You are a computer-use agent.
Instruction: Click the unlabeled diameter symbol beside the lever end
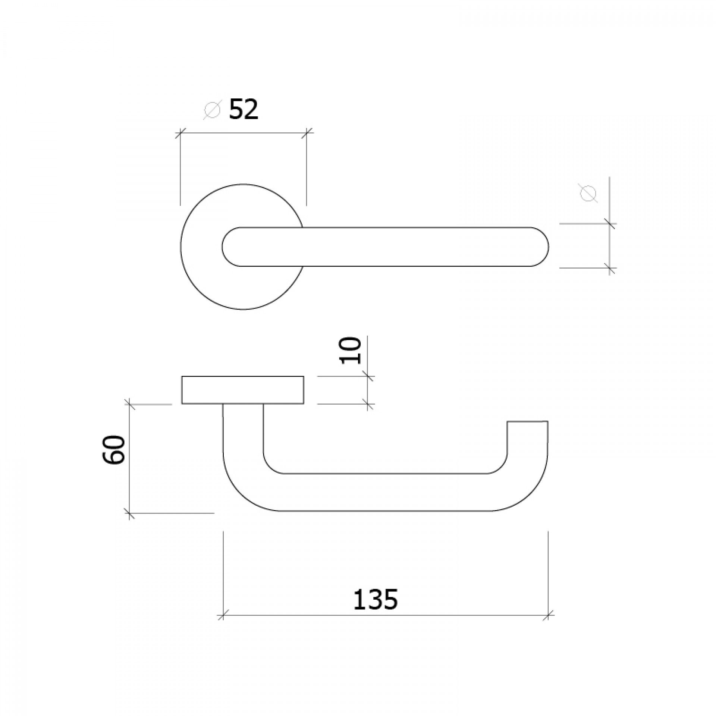(x=588, y=193)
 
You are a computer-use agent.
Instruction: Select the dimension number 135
(x=375, y=599)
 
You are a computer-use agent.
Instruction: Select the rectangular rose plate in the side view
(x=242, y=390)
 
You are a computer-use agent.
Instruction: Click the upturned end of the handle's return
(x=527, y=429)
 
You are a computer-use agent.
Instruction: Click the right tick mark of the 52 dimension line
(x=307, y=132)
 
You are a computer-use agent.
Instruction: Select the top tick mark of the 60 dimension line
(x=129, y=404)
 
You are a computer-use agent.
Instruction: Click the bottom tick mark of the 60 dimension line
(x=129, y=513)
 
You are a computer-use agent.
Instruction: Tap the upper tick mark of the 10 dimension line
(x=368, y=377)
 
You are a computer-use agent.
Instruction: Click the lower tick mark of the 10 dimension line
(x=368, y=403)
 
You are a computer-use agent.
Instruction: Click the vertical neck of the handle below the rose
(x=243, y=429)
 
